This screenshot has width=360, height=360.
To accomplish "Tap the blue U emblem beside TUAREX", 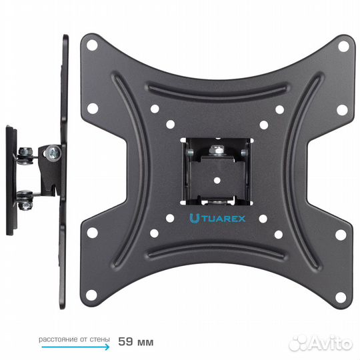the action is click(x=194, y=219).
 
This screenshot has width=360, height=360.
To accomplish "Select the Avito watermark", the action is click(x=321, y=343).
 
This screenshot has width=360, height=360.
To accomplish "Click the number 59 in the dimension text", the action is click(x=125, y=341).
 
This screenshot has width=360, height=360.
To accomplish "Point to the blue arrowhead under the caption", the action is click(x=107, y=347).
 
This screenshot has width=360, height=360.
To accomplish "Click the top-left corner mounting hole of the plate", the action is click(x=92, y=45).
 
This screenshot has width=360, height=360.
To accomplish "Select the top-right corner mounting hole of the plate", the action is click(x=343, y=46).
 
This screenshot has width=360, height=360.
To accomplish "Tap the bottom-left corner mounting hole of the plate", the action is click(x=91, y=295).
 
